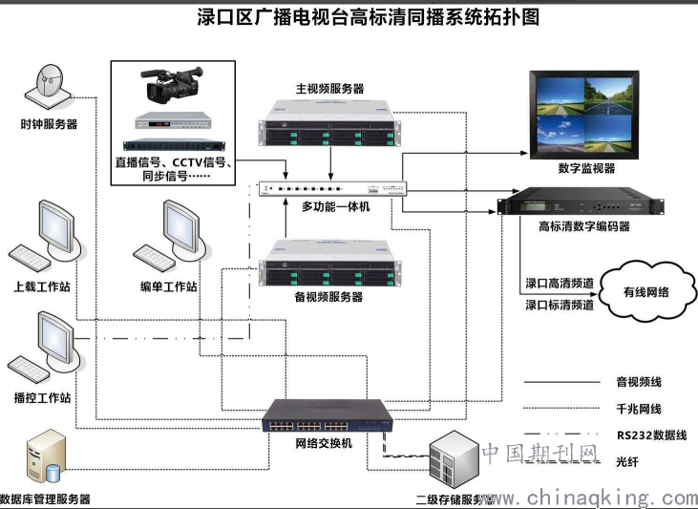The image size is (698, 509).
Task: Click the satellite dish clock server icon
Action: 51,86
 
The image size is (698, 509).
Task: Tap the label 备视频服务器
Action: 329,298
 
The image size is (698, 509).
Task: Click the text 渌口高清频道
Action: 560,284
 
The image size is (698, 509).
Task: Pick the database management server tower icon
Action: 45,458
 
